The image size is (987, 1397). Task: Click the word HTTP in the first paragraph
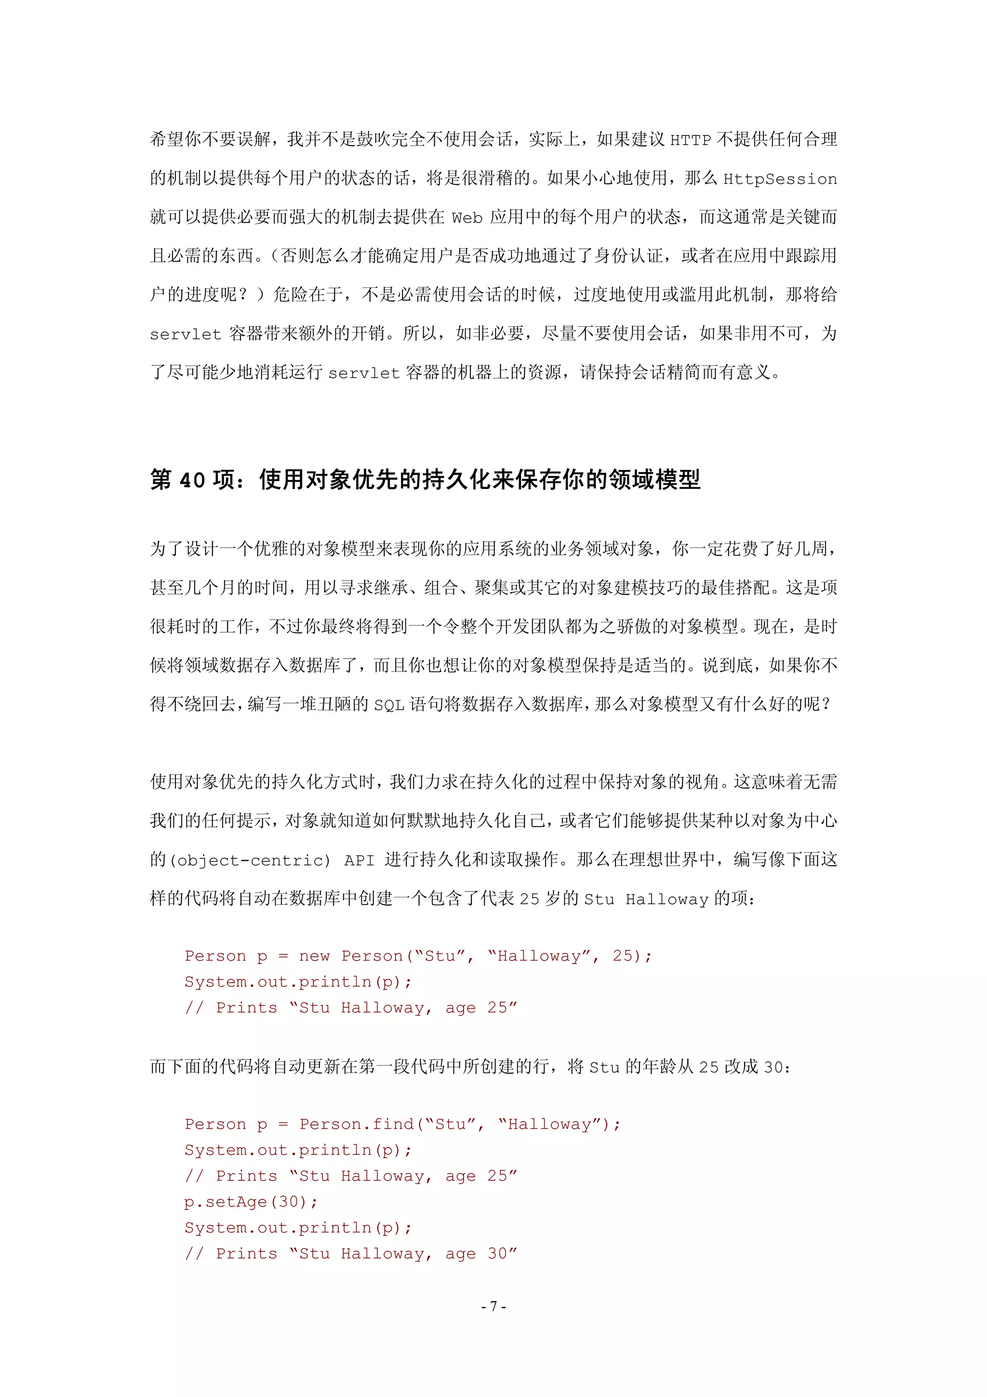pyautogui.click(x=690, y=140)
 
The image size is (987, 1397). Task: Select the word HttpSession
pyautogui.click(x=780, y=179)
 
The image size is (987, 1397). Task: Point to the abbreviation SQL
pyautogui.click(x=388, y=705)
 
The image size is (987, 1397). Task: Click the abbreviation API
pyautogui.click(x=359, y=860)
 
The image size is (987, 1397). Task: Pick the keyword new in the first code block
pyautogui.click(x=314, y=956)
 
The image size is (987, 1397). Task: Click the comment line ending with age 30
pyautogui.click(x=351, y=1253)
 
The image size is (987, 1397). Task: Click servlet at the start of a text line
pyautogui.click(x=186, y=334)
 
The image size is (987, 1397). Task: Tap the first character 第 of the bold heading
pyautogui.click(x=161, y=480)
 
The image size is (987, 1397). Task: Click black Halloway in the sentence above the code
pyautogui.click(x=667, y=899)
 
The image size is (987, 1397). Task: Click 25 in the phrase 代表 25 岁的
pyautogui.click(x=529, y=899)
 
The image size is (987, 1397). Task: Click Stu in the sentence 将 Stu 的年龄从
pyautogui.click(x=604, y=1067)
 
